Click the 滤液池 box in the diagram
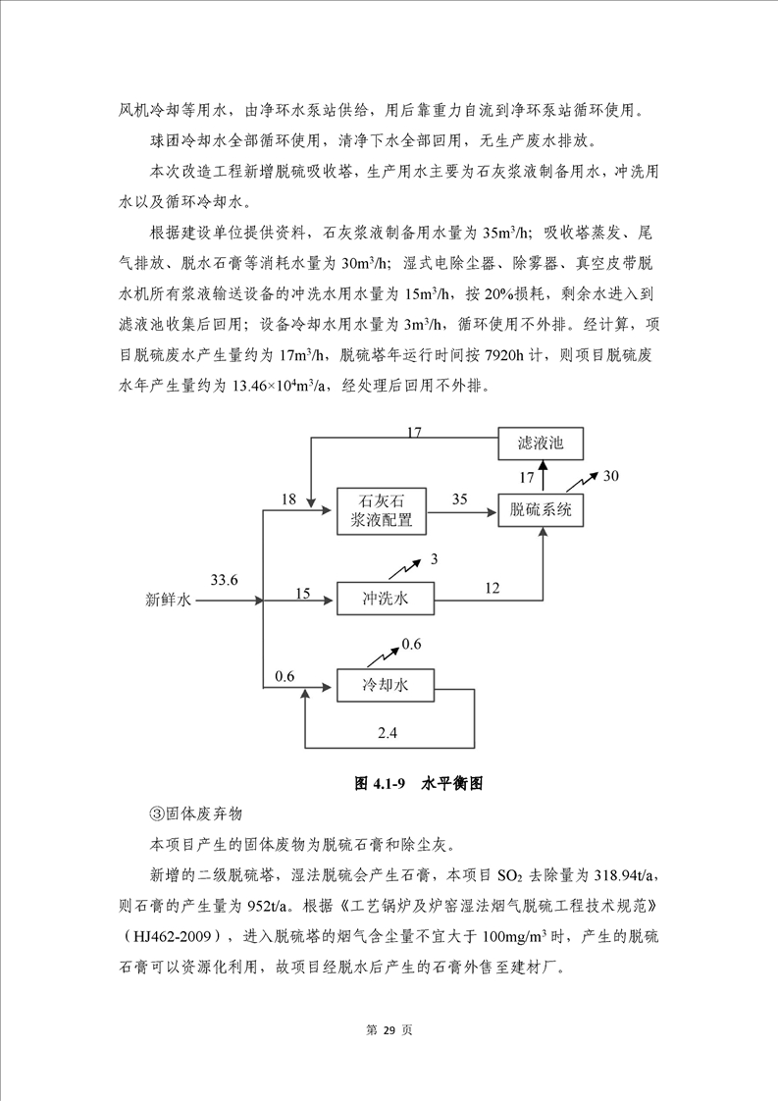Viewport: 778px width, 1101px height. tap(541, 444)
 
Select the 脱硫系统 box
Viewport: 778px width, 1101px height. tap(541, 510)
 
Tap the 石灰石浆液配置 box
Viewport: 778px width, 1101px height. tap(382, 510)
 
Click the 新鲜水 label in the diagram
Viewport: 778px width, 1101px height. tap(170, 598)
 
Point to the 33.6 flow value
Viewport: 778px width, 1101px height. tap(223, 580)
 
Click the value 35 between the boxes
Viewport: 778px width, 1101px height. tap(459, 499)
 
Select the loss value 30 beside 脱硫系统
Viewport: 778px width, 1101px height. tap(611, 476)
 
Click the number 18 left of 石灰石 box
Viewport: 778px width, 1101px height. tap(288, 499)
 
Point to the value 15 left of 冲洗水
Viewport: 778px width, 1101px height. tap(302, 593)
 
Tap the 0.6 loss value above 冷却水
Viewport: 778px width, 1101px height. tap(410, 644)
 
